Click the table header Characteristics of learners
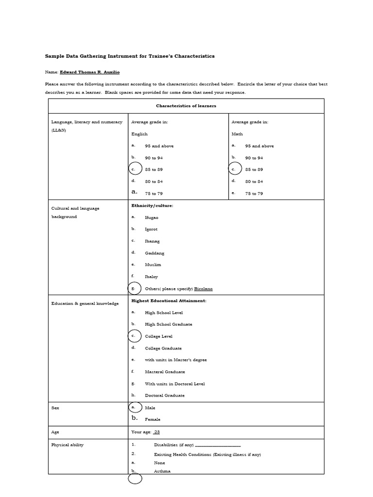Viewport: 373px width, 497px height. coord(186,106)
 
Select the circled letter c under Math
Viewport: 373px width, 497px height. coord(235,169)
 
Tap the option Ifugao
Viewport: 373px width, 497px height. coord(152,217)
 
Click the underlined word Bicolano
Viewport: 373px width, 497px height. coord(203,289)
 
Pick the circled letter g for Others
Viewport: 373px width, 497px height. coord(135,289)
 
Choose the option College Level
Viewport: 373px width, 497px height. coord(158,336)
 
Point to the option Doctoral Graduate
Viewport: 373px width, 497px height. coord(165,396)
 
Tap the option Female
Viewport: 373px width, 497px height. coord(153,419)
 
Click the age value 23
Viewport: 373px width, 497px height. coord(157,432)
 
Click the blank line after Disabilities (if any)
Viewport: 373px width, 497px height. coord(218,445)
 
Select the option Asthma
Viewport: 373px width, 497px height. coord(162,471)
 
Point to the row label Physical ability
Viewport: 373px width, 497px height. coord(67,445)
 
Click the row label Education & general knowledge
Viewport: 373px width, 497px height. coord(85,303)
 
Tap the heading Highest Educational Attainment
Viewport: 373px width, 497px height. coord(169,301)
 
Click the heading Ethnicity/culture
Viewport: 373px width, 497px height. coord(152,206)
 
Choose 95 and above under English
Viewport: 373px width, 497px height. coord(159,146)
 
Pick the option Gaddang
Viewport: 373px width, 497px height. coord(154,253)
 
